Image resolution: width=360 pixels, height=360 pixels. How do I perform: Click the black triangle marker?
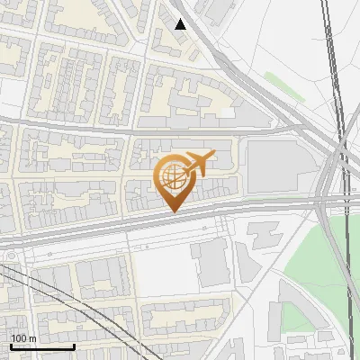(181, 24)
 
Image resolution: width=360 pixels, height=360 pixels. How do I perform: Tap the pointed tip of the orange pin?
(172, 211)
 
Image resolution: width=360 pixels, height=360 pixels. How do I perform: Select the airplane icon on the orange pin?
(198, 164)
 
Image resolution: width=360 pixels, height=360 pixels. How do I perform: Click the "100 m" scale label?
(23, 338)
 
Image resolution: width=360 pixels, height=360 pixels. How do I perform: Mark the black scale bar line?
(41, 346)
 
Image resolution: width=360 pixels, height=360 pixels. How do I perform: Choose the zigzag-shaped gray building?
(262, 234)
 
